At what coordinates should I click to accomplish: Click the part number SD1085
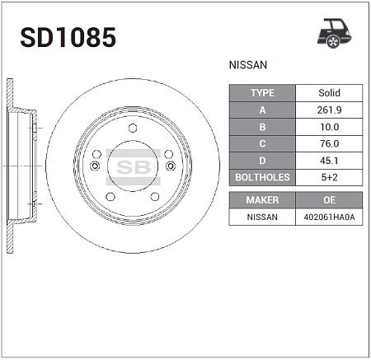[68, 38]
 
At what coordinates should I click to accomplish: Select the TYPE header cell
[262, 93]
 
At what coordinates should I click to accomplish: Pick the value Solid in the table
[329, 93]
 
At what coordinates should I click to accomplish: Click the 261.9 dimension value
[329, 110]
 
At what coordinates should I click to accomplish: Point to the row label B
[262, 126]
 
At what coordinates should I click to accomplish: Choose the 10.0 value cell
[329, 126]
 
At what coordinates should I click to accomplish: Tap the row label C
[262, 143]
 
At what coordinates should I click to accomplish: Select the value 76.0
[329, 143]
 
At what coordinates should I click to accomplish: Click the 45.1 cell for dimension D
[329, 159]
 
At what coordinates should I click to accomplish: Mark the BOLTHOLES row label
[262, 175]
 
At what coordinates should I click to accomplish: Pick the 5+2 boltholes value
[329, 175]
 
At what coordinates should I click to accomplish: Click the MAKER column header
[262, 200]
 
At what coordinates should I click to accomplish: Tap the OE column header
[329, 200]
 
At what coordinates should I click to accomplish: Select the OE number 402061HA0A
[329, 217]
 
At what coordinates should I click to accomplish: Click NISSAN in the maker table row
[262, 217]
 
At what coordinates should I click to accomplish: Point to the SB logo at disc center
[132, 165]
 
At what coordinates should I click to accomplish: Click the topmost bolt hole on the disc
[132, 127]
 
